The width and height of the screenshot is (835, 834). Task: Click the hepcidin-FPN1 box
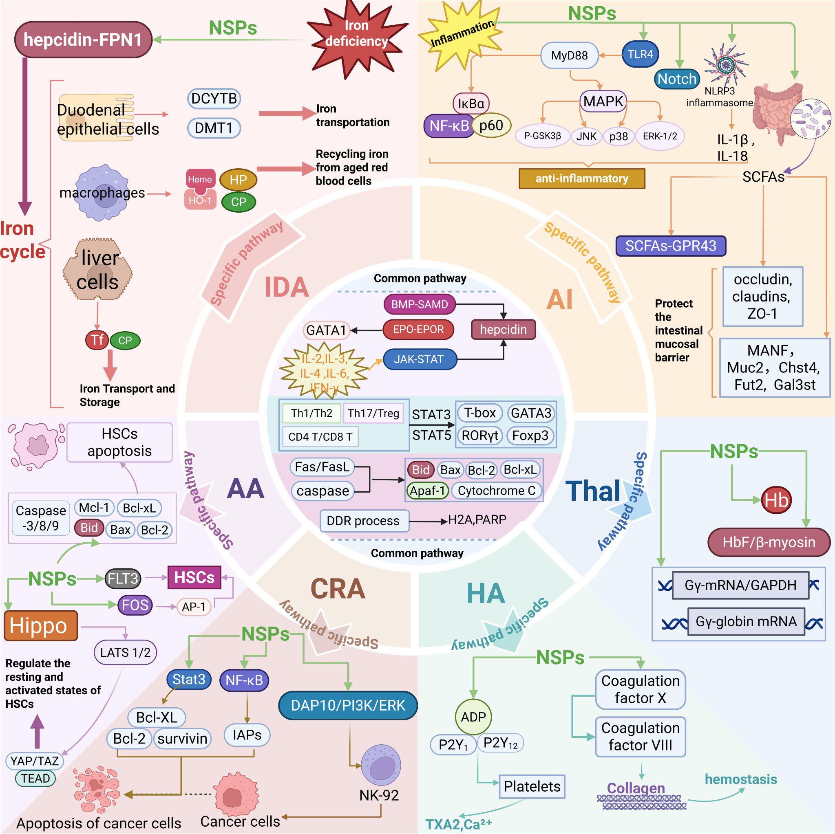point(83,40)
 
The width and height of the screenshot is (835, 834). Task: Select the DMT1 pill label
point(214,128)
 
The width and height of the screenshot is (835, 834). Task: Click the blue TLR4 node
point(640,55)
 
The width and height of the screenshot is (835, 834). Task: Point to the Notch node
point(677,79)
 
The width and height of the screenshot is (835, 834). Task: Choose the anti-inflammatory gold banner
point(582,178)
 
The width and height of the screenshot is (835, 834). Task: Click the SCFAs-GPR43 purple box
point(670,246)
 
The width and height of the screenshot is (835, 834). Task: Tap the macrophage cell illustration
point(102,193)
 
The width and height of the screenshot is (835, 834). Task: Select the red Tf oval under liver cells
point(97,340)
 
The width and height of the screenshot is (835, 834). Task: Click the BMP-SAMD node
point(420,304)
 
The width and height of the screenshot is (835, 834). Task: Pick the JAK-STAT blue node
point(419,359)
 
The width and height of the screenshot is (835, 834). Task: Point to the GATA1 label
point(326,331)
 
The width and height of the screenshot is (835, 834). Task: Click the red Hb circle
point(776,500)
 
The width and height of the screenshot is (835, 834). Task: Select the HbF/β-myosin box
point(769,542)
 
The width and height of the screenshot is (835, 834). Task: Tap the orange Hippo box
point(41,625)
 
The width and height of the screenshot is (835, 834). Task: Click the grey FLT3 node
point(123,578)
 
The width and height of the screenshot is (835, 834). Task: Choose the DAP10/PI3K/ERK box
point(348,705)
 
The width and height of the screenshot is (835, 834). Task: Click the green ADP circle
point(473,717)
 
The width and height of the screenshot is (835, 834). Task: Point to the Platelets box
point(532,786)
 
